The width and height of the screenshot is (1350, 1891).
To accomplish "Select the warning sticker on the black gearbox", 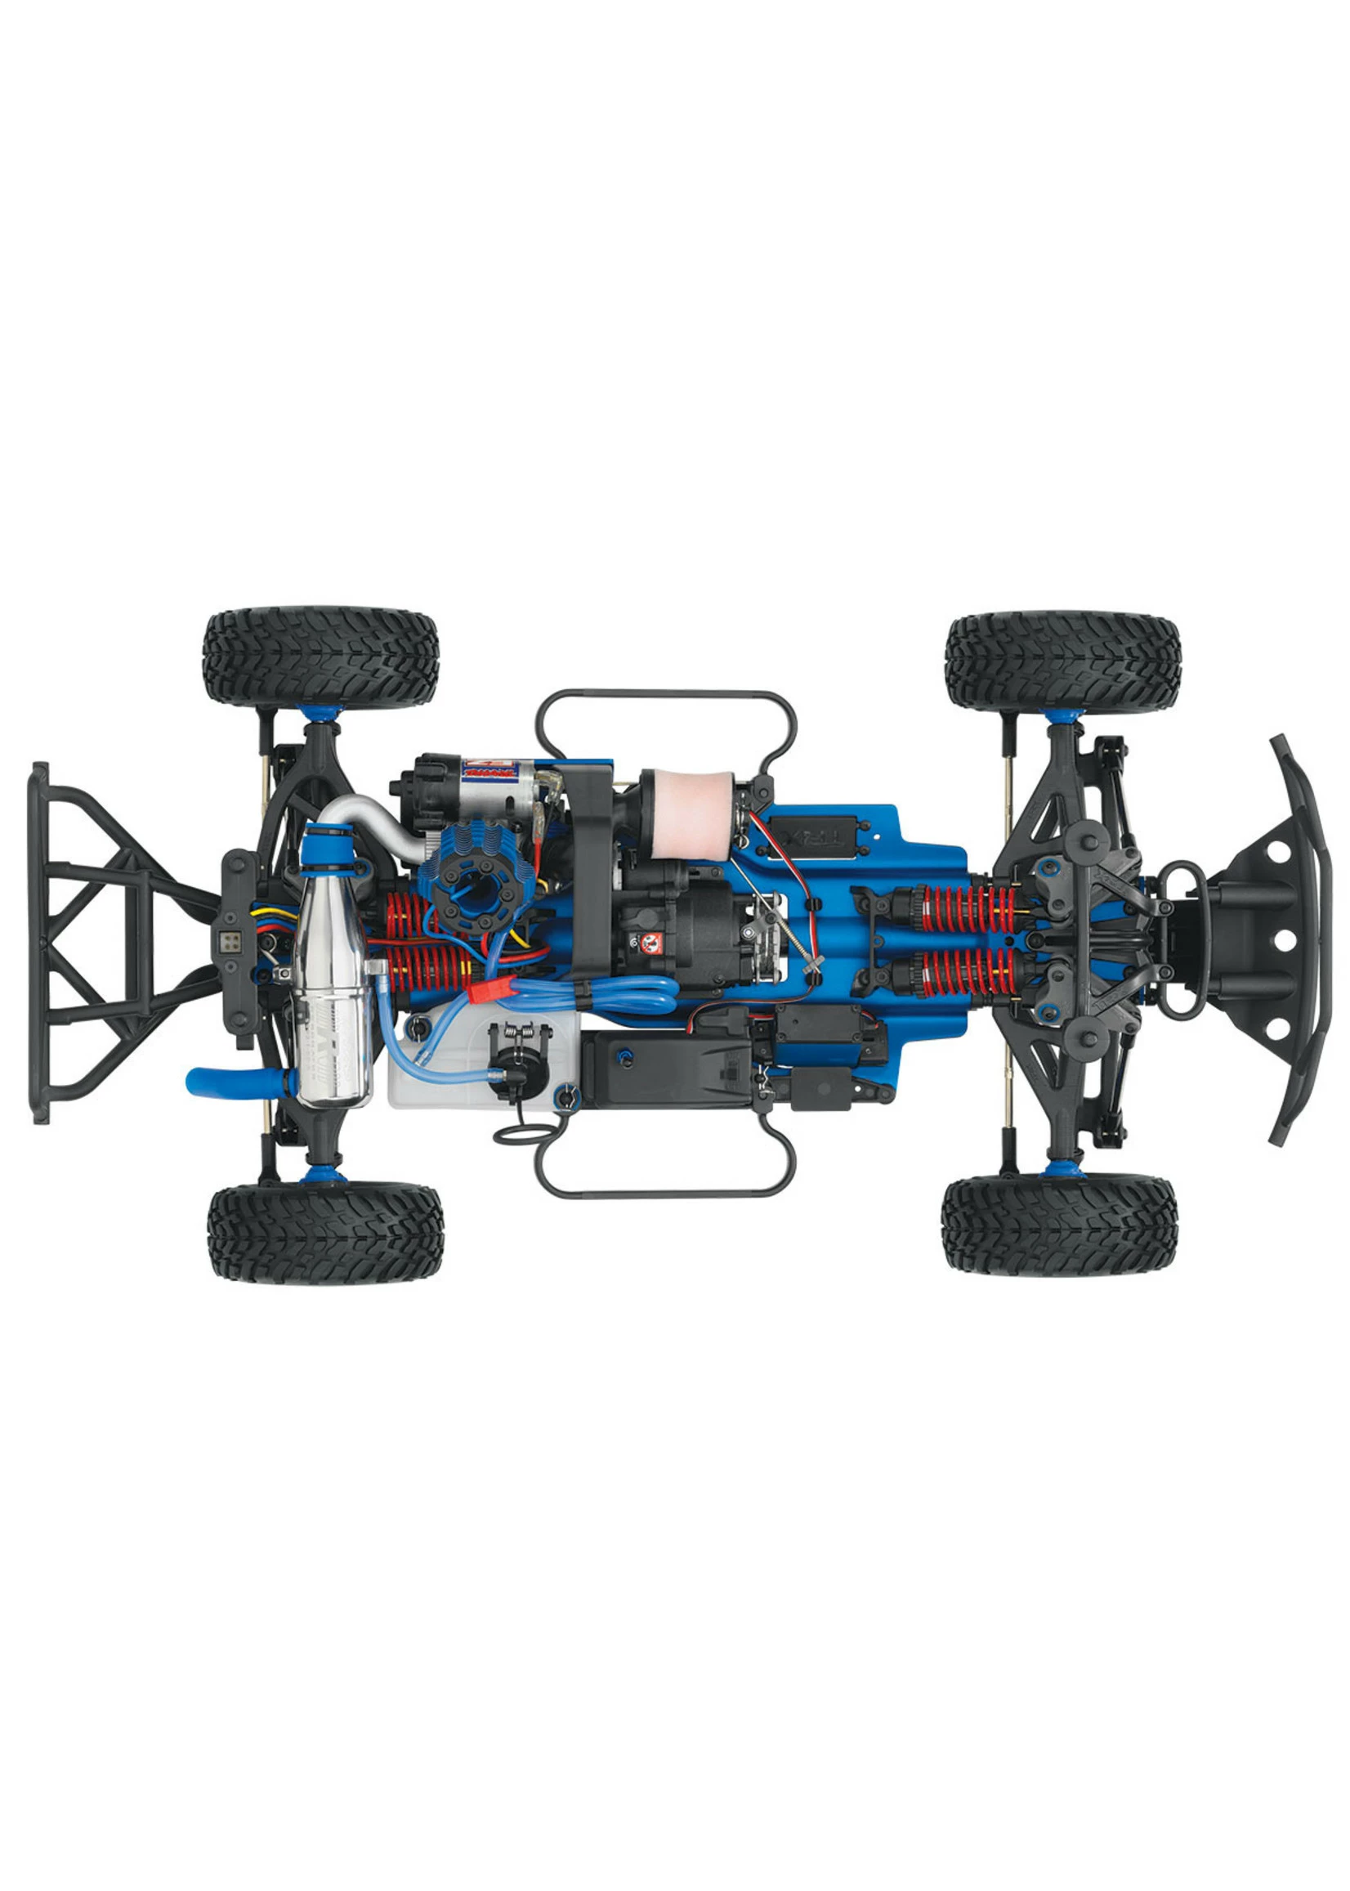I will (x=650, y=942).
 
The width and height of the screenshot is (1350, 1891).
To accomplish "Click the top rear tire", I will (x=320, y=658).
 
